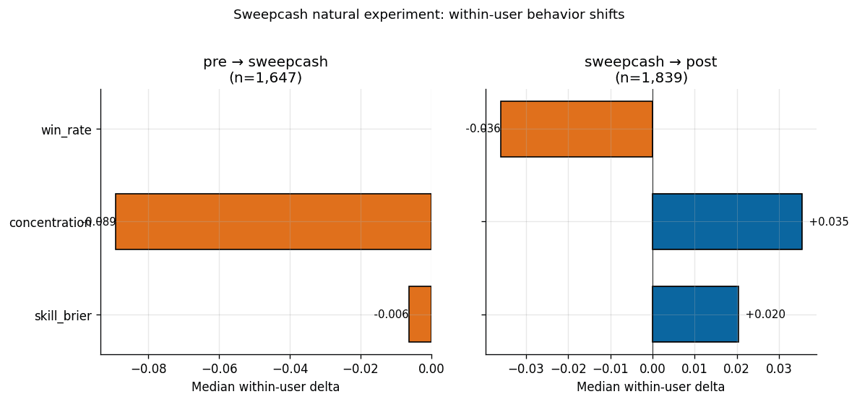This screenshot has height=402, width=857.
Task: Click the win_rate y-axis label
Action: [66, 130]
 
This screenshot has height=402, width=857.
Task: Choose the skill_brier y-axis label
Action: [63, 316]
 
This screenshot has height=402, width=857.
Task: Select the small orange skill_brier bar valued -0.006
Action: [420, 314]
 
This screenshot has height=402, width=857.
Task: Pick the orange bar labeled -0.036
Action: [577, 129]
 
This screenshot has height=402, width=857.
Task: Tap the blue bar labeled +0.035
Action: [727, 221]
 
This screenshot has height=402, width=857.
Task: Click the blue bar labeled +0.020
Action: [695, 314]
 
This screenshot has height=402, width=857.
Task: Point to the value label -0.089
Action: [99, 222]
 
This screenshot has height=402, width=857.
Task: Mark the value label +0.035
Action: [829, 222]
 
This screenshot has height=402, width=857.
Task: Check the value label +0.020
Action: [765, 315]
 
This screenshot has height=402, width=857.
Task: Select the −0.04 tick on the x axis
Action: [290, 369]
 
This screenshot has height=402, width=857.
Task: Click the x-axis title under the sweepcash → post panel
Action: [650, 388]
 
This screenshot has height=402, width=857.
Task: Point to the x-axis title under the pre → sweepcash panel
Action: [265, 388]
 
